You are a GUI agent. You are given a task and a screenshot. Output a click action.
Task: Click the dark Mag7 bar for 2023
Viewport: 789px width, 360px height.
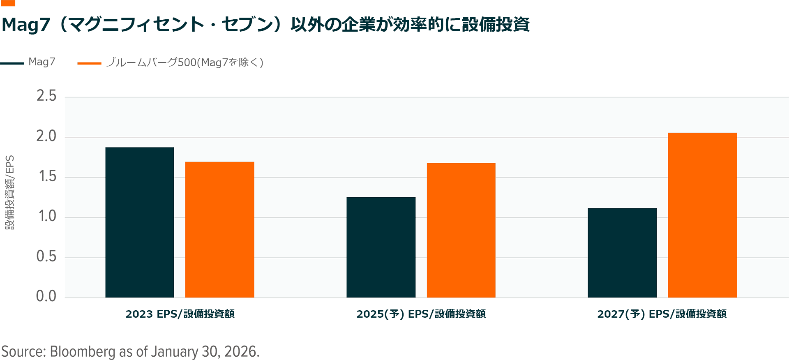[140, 222]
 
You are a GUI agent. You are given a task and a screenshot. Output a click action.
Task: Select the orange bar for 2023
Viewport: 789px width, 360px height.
[219, 229]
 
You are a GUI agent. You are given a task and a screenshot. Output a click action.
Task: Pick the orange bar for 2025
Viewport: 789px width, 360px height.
[461, 230]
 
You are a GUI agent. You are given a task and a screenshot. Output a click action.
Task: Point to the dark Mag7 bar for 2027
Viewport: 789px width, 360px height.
[622, 253]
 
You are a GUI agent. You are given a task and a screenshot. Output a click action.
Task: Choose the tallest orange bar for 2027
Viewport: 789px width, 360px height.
[702, 215]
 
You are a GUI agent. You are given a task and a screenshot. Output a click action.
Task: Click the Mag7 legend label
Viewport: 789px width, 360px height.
[42, 62]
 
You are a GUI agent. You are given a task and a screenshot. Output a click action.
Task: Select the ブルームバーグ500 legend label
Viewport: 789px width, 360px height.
[185, 62]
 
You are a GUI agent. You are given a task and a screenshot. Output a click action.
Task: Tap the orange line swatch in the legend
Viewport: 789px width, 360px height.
[89, 63]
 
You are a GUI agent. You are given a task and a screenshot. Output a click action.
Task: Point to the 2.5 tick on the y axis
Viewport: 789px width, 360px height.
[46, 96]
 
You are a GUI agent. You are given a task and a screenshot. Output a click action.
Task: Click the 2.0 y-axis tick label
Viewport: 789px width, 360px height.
[46, 136]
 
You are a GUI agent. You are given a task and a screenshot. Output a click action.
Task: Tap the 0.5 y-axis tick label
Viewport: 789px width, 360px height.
[46, 256]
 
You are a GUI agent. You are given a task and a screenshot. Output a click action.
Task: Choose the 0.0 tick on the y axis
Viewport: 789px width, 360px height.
[46, 296]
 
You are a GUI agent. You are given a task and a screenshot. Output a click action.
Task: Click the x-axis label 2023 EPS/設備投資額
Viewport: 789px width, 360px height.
[180, 314]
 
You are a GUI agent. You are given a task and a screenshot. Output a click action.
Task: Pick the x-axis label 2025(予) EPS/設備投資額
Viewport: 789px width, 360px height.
[421, 314]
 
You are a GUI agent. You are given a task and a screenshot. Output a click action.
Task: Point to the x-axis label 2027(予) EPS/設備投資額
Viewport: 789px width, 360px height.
[662, 314]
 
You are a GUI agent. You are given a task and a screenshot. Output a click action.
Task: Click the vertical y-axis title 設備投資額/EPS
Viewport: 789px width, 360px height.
[10, 192]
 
